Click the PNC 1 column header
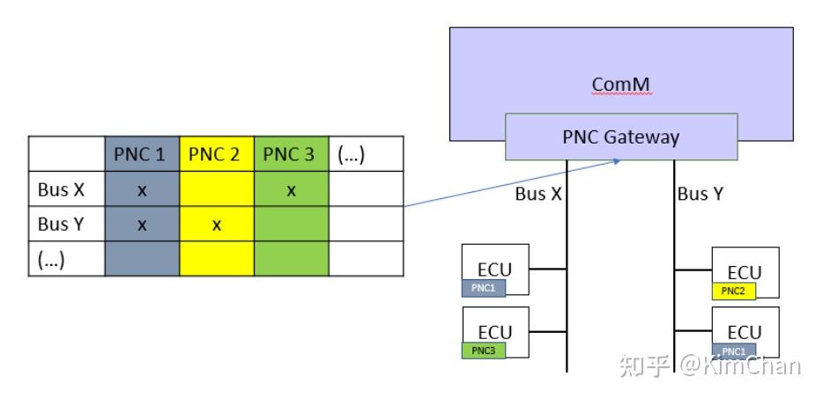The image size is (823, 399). (x=141, y=155)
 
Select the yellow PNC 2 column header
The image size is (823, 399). (x=216, y=155)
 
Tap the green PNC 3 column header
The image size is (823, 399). (x=290, y=155)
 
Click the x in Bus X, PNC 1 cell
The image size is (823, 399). (x=141, y=190)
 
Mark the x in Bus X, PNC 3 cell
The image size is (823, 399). (x=290, y=190)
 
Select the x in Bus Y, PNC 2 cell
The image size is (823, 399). (x=216, y=225)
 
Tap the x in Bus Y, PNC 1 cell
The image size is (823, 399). (x=141, y=225)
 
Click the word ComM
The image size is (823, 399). (x=621, y=85)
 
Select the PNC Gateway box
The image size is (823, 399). (x=620, y=137)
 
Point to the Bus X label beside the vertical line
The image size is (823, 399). (x=538, y=195)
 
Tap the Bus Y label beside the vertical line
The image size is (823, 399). (x=700, y=195)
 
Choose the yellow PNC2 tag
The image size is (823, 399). (x=733, y=292)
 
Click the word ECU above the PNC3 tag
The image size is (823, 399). (x=494, y=332)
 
